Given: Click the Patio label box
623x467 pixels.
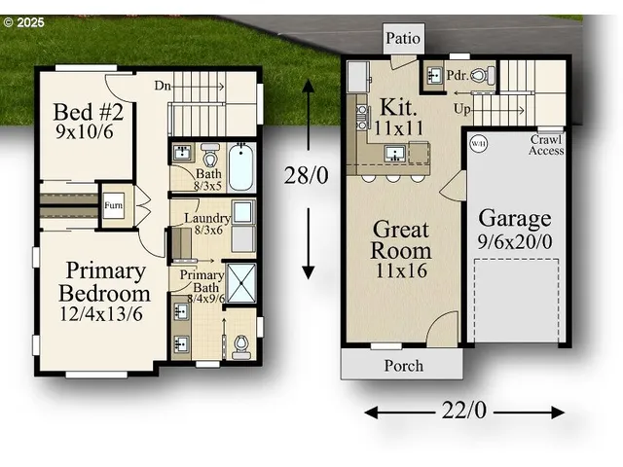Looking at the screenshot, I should [x=404, y=39].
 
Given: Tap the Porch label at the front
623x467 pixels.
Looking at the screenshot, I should [x=403, y=366].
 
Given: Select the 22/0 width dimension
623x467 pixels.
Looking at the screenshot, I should [x=464, y=411].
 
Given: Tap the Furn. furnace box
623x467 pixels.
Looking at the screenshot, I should [x=113, y=205].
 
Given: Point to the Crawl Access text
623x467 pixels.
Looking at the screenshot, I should [x=546, y=145].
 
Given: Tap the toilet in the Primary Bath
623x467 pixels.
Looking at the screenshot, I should [x=241, y=344].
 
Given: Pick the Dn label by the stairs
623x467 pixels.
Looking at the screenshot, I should [x=164, y=85].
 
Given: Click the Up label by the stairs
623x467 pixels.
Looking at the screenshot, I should [x=463, y=110].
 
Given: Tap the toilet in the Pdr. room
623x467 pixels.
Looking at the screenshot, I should [x=489, y=74].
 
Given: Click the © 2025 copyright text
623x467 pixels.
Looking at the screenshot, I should [x=23, y=20].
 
